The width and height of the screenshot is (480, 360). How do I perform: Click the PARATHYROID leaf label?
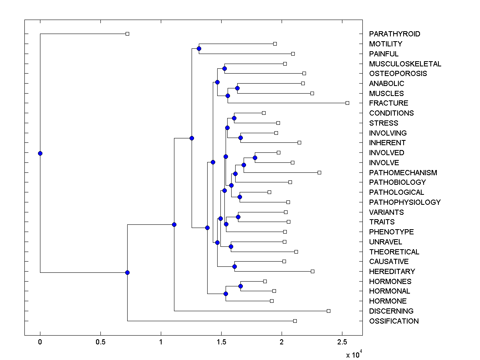pos(394,34)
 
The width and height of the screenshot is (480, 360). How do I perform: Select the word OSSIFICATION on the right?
pos(394,321)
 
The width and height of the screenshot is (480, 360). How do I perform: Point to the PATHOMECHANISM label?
pos(403,173)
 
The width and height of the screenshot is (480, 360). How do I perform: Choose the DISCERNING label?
pos(391,311)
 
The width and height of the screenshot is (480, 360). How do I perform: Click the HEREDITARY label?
pos(392,271)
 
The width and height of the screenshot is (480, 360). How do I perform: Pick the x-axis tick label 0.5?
pos(100,342)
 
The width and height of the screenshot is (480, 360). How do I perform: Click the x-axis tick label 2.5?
pos(342,342)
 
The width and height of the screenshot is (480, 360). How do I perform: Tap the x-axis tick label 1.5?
pos(221,342)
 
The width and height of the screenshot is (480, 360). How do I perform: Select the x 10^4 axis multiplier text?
pos(354,354)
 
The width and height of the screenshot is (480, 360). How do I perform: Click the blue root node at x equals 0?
pos(40,153)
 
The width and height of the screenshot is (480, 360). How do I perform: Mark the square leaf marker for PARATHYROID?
pos(127,34)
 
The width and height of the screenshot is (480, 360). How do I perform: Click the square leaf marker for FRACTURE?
pos(347,103)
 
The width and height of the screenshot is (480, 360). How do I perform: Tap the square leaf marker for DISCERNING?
pos(328,311)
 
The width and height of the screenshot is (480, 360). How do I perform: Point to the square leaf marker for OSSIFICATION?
pos(295,321)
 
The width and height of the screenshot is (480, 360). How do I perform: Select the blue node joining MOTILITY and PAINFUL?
pos(199,48)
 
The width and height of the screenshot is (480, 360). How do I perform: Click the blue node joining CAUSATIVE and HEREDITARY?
pos(235,266)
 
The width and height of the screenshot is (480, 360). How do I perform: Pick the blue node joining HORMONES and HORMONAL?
pos(240,286)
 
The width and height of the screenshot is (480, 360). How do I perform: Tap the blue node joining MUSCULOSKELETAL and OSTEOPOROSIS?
pos(224,68)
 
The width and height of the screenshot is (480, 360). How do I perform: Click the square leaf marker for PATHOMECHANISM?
pos(319,172)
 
